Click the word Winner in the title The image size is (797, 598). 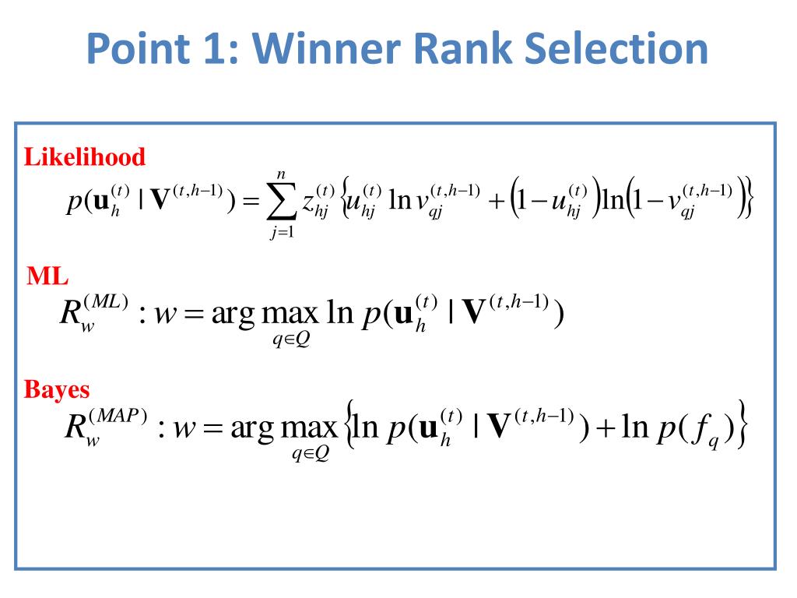pyautogui.click(x=328, y=48)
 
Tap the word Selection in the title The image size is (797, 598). pyautogui.click(x=616, y=48)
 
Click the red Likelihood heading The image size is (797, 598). pyautogui.click(x=84, y=157)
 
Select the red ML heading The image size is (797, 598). pyautogui.click(x=47, y=276)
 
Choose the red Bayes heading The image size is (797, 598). pyautogui.click(x=56, y=391)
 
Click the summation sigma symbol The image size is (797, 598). pyautogui.click(x=281, y=202)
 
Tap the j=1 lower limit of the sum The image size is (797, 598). pyautogui.click(x=282, y=232)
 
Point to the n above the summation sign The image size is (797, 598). pyautogui.click(x=281, y=175)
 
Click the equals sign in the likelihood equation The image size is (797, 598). pyautogui.click(x=251, y=202)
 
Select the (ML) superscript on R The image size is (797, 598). pyautogui.click(x=106, y=301)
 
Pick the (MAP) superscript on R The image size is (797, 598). pyautogui.click(x=118, y=416)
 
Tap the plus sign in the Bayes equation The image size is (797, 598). pyautogui.click(x=606, y=427)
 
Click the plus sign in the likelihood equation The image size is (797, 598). pyautogui.click(x=497, y=201)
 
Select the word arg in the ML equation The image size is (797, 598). pyautogui.click(x=233, y=315)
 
